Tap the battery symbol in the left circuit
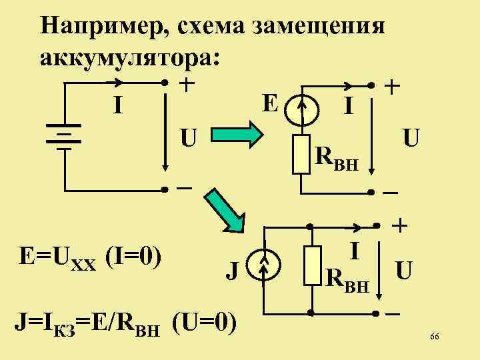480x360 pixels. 65,137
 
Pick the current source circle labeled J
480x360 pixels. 265,269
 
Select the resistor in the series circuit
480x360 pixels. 304,155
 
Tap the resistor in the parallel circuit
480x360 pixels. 311,268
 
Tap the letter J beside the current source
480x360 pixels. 233,271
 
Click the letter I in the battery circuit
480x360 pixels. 117,106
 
